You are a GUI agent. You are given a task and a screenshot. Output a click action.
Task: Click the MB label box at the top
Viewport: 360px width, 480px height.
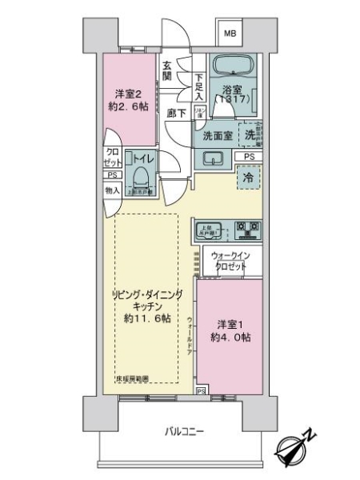point(230,34)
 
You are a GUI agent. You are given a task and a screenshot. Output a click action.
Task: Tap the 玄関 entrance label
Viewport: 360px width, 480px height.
point(167,72)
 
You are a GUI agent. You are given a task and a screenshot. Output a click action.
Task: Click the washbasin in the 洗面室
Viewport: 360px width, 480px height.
point(213,159)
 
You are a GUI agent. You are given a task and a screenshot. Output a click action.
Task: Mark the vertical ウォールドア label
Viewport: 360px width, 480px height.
point(190,335)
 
